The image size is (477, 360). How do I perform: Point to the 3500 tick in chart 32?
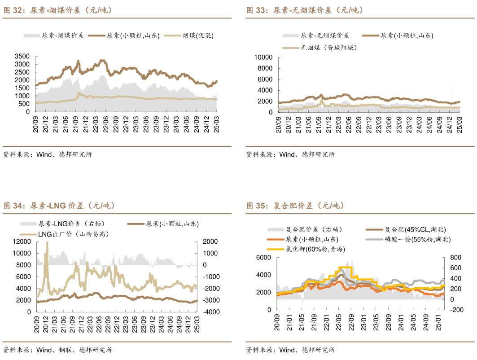pos(22,56)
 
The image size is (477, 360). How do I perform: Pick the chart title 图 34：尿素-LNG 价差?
pos(59,206)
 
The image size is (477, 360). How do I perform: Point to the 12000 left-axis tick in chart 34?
pos(22,241)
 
